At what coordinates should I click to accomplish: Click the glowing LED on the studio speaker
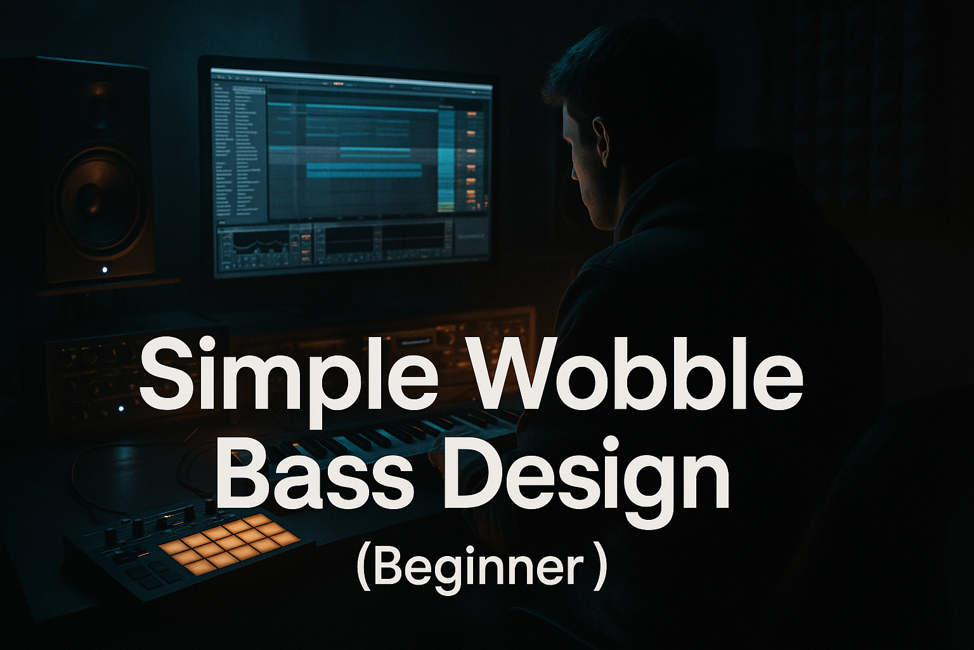click(105, 270)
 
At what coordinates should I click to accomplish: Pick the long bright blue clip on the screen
click(364, 170)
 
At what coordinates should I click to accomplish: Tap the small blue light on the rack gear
click(121, 409)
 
